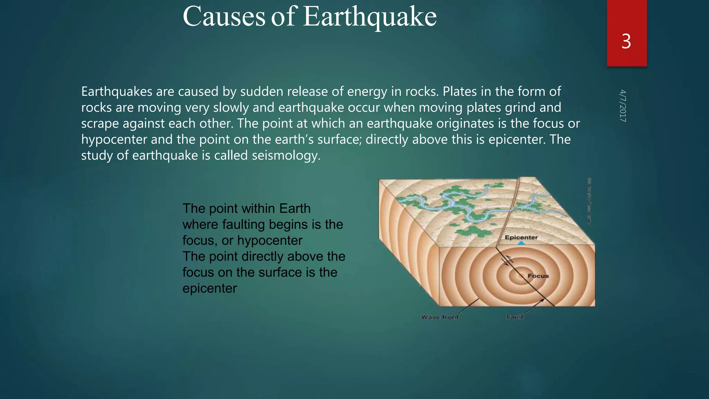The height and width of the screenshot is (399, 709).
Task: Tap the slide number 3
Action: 626,42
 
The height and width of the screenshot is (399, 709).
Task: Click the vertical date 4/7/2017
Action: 623,106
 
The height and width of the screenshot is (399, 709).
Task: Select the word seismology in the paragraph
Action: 286,156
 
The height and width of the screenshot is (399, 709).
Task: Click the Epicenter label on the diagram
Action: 521,237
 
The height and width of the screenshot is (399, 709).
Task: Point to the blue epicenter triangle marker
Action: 521,243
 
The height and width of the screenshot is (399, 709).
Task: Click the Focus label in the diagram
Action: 538,276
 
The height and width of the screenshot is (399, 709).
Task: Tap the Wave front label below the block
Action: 440,317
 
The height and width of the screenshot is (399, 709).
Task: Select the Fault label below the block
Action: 514,317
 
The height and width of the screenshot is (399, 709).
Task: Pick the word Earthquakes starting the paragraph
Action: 116,92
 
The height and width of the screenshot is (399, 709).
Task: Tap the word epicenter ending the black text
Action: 209,289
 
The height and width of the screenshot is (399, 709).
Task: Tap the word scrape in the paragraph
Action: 100,124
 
